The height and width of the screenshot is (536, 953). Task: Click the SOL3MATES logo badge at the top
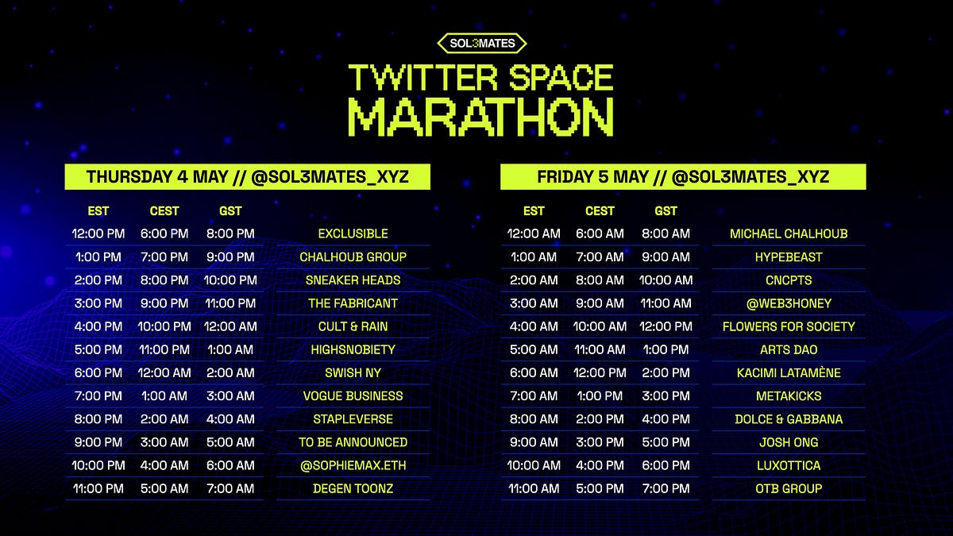(x=481, y=44)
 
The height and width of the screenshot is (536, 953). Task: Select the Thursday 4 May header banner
(x=247, y=177)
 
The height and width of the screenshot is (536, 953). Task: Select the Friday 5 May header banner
(x=683, y=177)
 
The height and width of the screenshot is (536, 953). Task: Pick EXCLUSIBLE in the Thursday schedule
(x=353, y=233)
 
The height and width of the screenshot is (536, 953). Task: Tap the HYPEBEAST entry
(x=789, y=257)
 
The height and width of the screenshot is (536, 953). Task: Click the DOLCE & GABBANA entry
(x=789, y=419)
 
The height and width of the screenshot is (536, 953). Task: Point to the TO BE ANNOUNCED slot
(x=353, y=442)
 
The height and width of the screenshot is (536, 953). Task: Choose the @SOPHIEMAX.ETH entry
(x=353, y=465)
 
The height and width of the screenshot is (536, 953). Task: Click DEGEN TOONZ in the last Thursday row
(x=353, y=488)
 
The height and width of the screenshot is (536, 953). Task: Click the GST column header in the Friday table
(x=666, y=210)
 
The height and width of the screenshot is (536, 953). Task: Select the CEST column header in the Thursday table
(x=164, y=210)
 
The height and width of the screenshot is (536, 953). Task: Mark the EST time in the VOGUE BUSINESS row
(x=98, y=396)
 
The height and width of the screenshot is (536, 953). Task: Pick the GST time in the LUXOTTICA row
(x=666, y=465)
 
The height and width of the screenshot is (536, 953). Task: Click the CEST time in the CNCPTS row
(x=600, y=280)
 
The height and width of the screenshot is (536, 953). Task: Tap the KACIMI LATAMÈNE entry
(x=789, y=373)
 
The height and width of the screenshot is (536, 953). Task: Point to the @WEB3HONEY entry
(x=789, y=303)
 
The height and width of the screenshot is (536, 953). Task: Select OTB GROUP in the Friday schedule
(x=789, y=488)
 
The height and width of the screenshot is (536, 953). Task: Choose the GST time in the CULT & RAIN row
(x=230, y=326)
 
